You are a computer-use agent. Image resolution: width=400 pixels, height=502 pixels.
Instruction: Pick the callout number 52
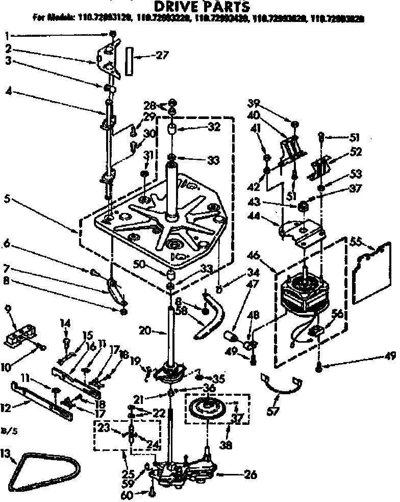[x=356, y=151]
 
